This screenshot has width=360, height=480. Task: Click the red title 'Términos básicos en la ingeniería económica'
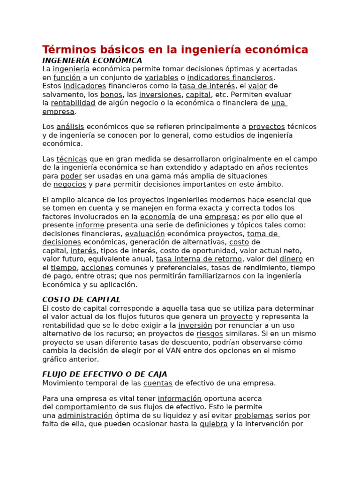175,50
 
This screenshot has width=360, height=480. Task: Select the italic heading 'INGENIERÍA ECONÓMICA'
92,60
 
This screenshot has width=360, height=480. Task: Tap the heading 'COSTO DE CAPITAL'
81,300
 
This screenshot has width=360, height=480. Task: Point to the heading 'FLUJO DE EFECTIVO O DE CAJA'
105,374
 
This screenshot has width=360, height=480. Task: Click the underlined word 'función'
67,77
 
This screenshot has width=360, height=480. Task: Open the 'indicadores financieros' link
230,77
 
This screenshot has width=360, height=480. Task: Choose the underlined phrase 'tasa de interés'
207,86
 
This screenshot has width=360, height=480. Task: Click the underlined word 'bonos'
111,94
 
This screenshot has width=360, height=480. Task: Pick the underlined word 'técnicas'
72,159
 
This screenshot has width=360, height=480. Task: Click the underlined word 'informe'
90,225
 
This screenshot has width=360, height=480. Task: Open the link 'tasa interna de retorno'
199,259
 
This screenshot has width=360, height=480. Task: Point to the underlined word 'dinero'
291,259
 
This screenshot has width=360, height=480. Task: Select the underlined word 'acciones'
97,267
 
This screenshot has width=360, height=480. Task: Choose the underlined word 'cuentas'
158,383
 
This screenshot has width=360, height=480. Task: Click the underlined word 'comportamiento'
86,407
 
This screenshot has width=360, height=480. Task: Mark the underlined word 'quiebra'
214,424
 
